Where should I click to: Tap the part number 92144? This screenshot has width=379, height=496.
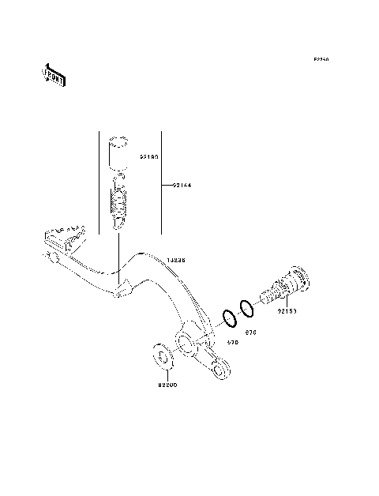pos(182,186)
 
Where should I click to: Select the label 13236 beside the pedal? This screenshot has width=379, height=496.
pos(177,259)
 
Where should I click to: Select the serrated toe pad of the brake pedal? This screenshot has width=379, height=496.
pos(63,235)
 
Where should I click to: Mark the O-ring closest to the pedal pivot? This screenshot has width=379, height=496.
pos(228,318)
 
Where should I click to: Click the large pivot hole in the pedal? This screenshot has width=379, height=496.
pos(186,342)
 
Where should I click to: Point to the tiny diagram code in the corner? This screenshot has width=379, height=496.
pos(321,59)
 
